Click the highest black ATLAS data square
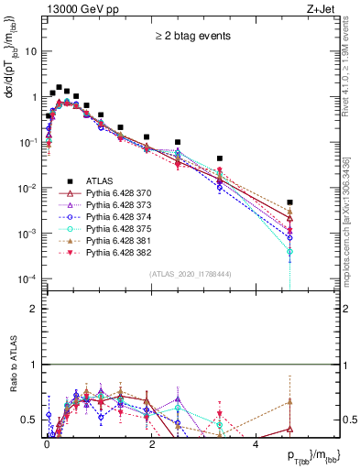point(59,88)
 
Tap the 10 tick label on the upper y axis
point(31,52)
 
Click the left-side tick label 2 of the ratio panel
point(33,309)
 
